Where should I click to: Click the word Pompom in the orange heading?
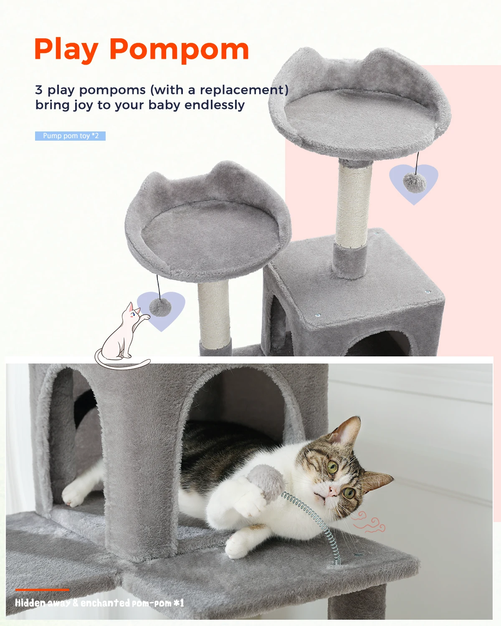(179, 50)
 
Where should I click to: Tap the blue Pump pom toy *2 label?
(70, 136)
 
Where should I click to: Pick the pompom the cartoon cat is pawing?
(160, 308)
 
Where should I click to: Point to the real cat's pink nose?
(331, 491)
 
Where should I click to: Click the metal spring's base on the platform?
(337, 561)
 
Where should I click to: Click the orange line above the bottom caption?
(42, 590)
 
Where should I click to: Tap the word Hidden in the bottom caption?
(30, 603)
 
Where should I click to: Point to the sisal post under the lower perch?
(214, 314)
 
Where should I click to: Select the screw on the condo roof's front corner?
(317, 315)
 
